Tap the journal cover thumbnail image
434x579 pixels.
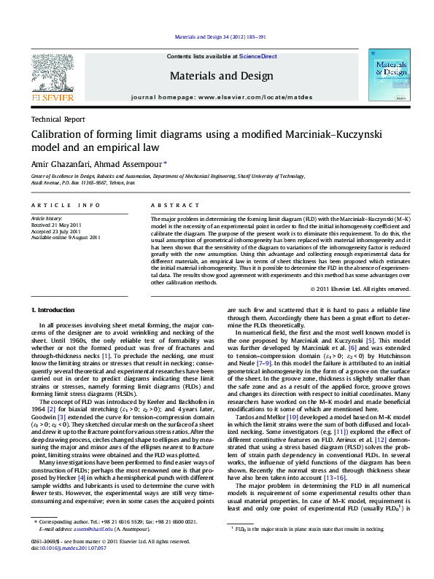[x=387, y=74]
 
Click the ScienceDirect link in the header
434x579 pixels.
[x=258, y=56]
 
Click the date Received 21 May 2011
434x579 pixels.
[x=55, y=225]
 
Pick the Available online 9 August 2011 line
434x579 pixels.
[x=65, y=238]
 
